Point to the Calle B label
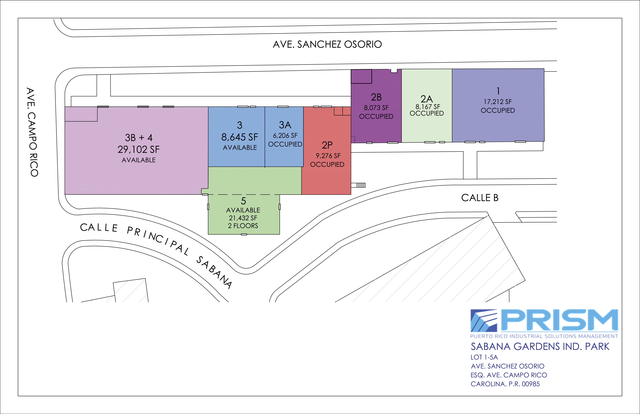click(x=480, y=198)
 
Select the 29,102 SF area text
click(x=138, y=149)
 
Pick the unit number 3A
click(x=285, y=125)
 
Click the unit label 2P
click(x=327, y=145)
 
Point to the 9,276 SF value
click(x=328, y=156)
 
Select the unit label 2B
click(x=376, y=97)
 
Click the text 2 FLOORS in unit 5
click(x=243, y=226)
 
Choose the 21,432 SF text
click(x=243, y=218)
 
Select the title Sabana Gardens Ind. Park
click(x=540, y=347)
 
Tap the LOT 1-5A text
click(x=484, y=357)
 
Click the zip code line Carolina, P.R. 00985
click(x=505, y=384)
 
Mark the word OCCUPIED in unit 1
click(x=498, y=111)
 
